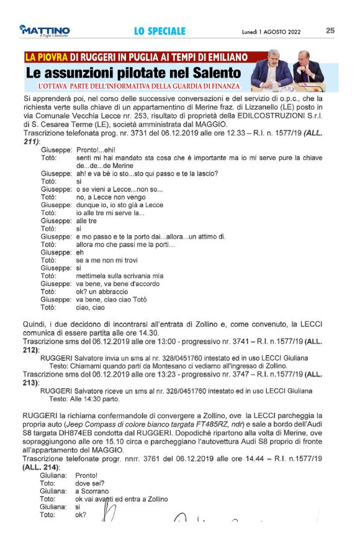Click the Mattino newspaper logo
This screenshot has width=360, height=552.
click(x=45, y=30)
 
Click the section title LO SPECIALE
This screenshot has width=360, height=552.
click(x=160, y=30)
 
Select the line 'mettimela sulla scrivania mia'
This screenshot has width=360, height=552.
click(x=119, y=275)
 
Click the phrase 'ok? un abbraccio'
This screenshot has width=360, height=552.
click(x=102, y=291)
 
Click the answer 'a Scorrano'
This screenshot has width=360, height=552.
click(x=92, y=491)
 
